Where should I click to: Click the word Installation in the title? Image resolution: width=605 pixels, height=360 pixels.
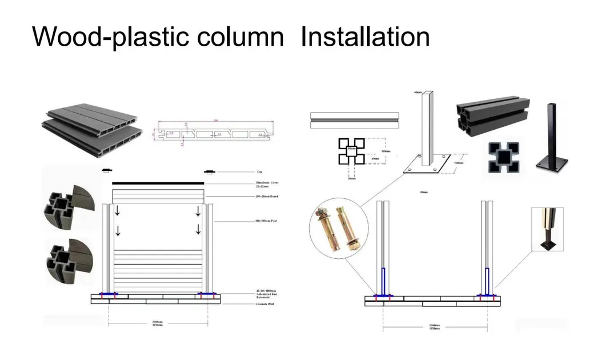[x=365, y=37]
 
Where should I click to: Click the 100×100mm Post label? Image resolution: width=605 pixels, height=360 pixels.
[x=266, y=221]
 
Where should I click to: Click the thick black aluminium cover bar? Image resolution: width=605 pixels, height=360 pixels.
[x=158, y=183]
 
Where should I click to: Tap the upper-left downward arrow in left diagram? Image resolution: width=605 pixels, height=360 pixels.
[x=118, y=211]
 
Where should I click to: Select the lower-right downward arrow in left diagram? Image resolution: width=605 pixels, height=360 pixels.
[x=198, y=230]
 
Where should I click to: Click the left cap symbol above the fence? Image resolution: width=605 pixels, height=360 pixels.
[x=106, y=170]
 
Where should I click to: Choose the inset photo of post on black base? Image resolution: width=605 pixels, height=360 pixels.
[x=547, y=229]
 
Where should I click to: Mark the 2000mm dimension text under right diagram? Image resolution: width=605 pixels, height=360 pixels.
[x=435, y=326]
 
